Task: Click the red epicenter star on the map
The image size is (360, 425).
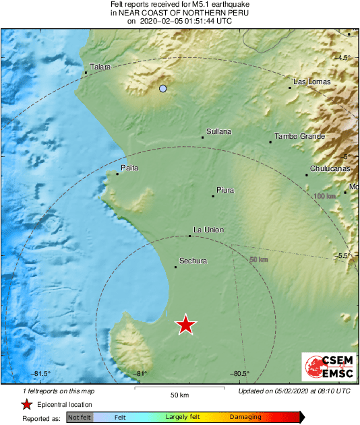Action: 185,325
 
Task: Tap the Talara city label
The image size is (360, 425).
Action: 100,67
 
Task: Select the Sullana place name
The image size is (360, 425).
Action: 218,131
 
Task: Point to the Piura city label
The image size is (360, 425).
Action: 225,190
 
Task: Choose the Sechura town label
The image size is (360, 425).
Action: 193,261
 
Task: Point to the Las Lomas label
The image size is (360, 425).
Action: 311,81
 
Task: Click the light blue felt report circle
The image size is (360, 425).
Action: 162,88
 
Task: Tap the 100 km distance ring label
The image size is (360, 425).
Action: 325,196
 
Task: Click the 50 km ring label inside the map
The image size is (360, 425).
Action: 259,259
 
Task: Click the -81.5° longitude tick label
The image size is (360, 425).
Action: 42,374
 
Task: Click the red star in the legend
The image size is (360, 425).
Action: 26,405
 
